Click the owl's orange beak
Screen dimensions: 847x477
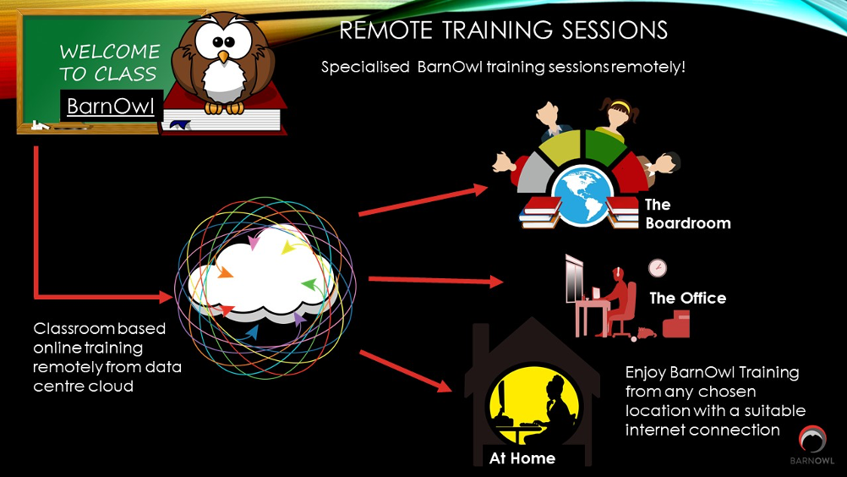tap(223, 56)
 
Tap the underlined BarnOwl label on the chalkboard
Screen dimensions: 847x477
tap(111, 106)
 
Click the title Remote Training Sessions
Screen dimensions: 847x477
tap(504, 30)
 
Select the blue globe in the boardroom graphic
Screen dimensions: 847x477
tap(583, 195)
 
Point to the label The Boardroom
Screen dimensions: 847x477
tap(687, 214)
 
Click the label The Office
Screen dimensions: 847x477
tap(687, 299)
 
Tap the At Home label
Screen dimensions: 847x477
tap(522, 458)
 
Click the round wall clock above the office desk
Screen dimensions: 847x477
tap(658, 268)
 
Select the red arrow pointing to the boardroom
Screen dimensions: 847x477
tap(423, 200)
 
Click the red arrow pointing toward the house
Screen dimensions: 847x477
tap(405, 371)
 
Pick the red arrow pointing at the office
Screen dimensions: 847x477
tap(435, 281)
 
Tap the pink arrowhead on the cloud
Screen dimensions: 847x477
tap(253, 242)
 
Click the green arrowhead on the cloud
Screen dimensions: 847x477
tap(309, 284)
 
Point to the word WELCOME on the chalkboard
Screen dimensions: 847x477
tap(110, 52)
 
